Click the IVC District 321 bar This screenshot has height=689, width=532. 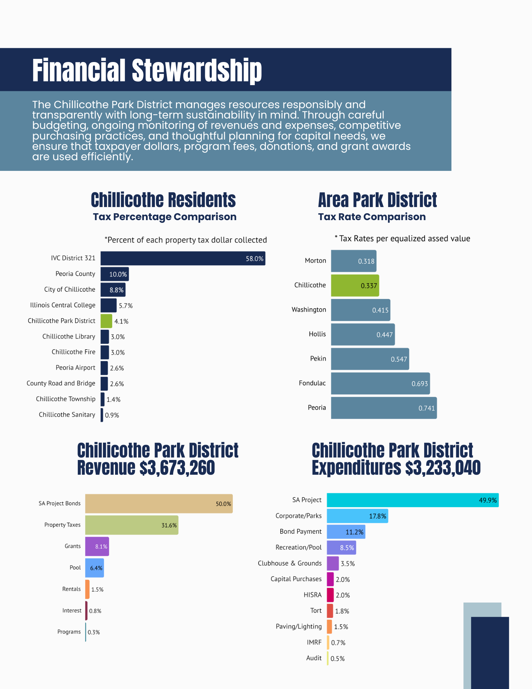coord(182,258)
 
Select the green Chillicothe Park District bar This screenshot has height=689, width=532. coord(106,321)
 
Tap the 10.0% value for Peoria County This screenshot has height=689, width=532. coord(118,275)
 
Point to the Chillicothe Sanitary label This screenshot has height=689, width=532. coord(67,415)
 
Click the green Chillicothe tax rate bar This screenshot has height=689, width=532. coord(355,286)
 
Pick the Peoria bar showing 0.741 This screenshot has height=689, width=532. coord(384,408)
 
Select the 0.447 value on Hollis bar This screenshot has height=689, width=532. coord(384,335)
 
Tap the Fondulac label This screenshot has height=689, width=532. coord(312,383)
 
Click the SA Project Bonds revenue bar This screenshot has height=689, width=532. coord(159,504)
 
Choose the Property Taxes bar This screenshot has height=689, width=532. coord(132,525)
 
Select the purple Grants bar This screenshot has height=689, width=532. coord(97,546)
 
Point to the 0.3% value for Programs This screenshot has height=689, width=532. coord(94,632)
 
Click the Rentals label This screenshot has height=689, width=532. coord(71,589)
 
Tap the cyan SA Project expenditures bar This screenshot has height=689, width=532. coord(413,500)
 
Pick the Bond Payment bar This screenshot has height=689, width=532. coord(346,532)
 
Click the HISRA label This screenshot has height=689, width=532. coord(312,595)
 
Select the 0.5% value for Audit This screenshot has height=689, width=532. coord(337,659)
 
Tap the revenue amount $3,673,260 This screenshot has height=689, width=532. coord(177,467)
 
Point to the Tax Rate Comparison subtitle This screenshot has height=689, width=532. coord(372,217)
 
